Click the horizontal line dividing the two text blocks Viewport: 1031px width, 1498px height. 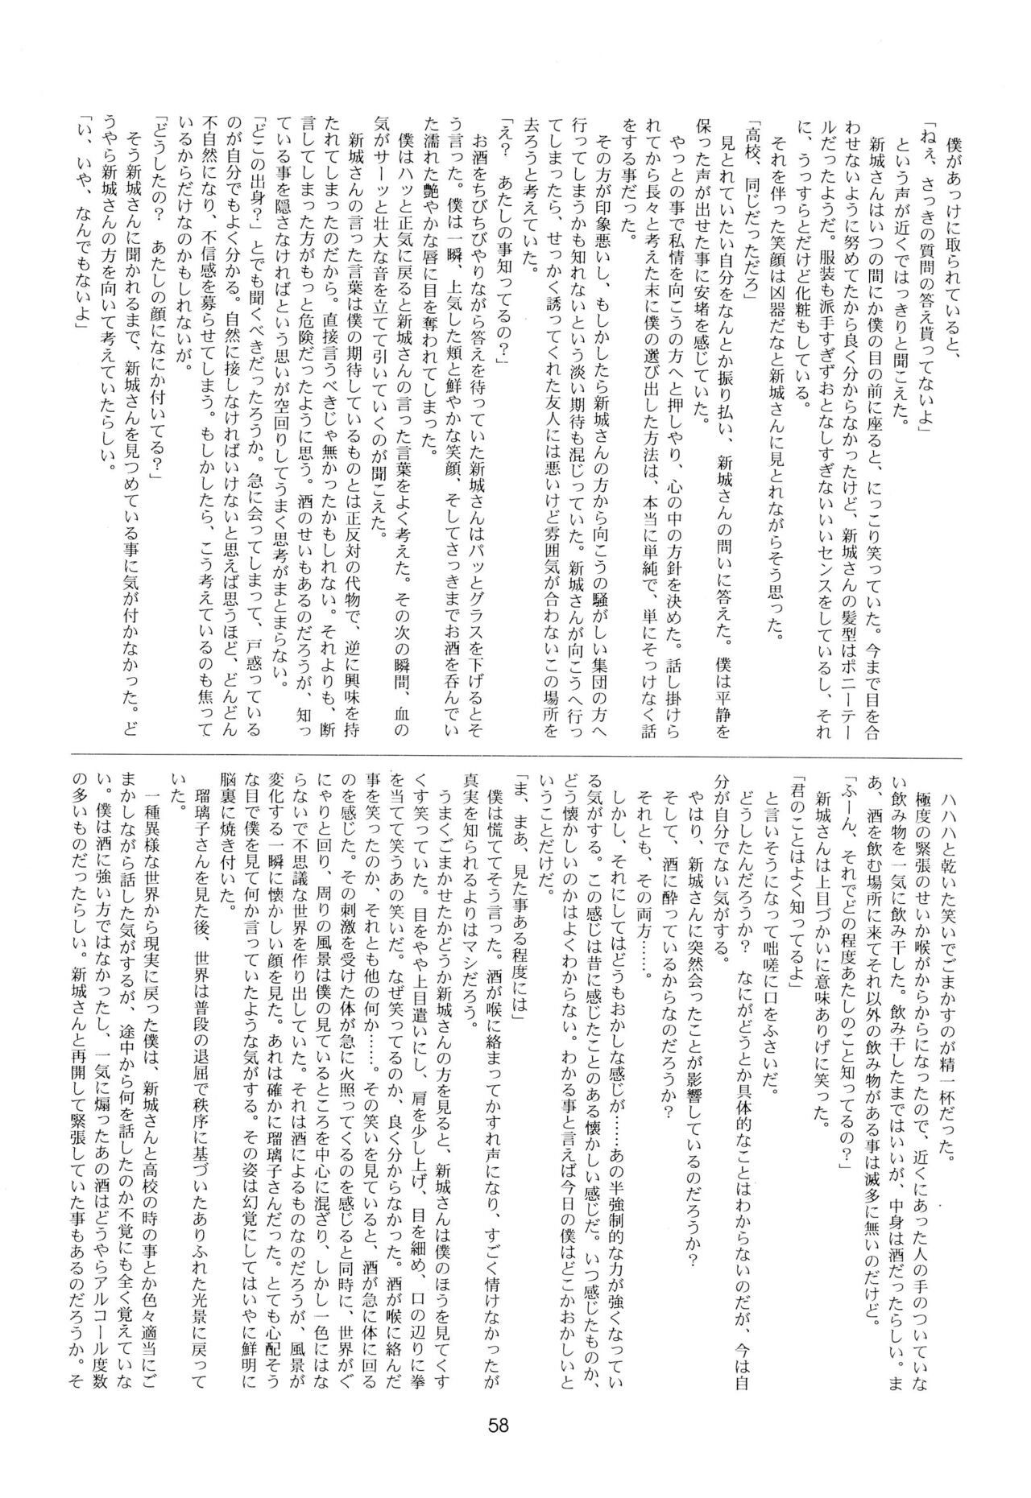(515, 757)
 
